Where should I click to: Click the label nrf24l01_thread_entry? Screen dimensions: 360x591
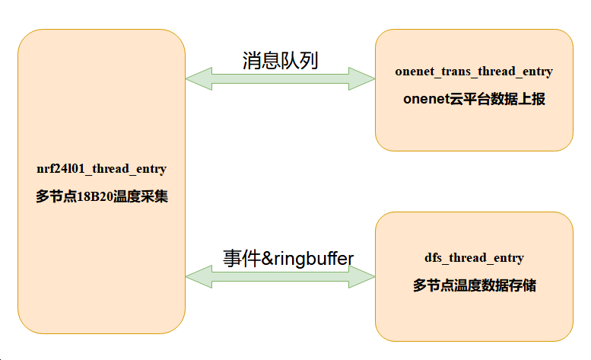point(101,168)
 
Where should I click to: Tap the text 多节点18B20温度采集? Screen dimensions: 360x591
point(101,196)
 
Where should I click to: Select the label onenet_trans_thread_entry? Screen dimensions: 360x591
point(474,72)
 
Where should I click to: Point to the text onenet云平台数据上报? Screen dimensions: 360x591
point(474,100)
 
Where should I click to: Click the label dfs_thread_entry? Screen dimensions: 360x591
point(474,258)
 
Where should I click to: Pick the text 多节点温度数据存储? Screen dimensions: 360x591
point(474,286)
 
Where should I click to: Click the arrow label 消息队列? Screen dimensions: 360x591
point(280,61)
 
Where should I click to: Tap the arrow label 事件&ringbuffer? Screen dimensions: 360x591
point(288,258)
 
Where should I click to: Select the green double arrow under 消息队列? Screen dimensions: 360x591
point(280,77)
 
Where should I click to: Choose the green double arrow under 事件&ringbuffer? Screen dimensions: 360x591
point(280,276)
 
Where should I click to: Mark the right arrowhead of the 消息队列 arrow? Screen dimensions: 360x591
point(363,77)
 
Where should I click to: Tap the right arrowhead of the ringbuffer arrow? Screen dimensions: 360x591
point(363,276)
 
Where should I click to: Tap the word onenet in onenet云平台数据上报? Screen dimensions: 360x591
point(422,100)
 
